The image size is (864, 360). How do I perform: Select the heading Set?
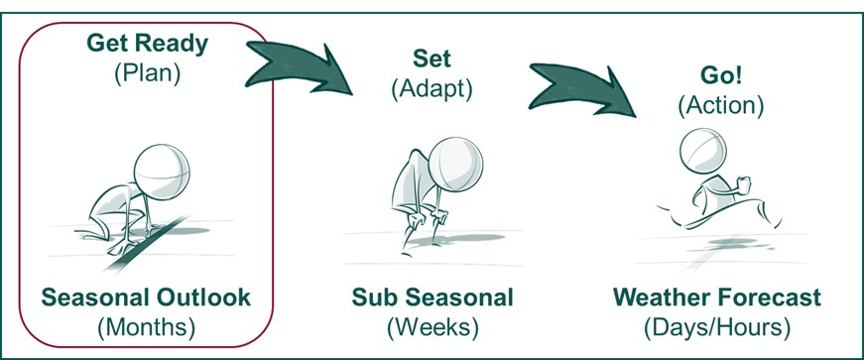tap(433, 60)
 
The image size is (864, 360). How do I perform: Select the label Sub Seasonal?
tap(432, 297)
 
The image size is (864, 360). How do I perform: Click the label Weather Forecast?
tap(716, 297)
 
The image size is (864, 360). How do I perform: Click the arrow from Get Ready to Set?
tap(303, 61)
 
